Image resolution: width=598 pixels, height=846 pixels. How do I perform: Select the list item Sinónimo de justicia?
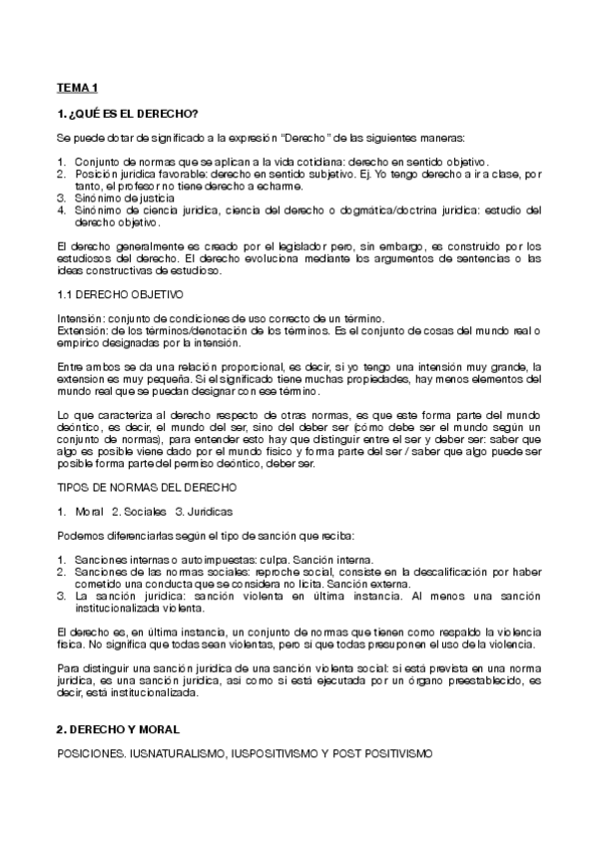[x=126, y=199]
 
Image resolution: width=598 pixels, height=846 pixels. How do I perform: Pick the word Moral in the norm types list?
[x=89, y=511]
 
